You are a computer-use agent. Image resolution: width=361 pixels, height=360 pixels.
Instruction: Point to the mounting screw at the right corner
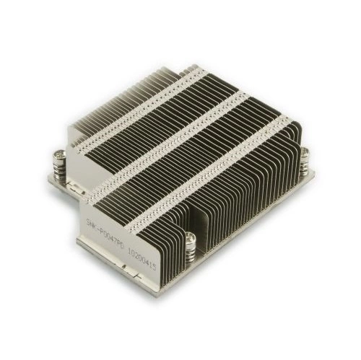(x=304, y=160)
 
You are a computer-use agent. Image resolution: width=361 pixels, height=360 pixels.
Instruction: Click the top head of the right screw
(x=304, y=151)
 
